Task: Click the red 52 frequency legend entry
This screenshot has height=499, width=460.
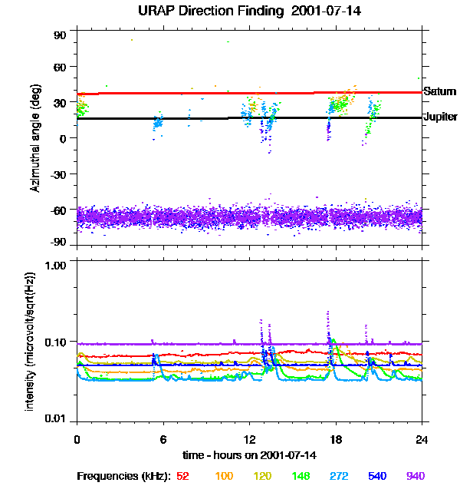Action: (182, 476)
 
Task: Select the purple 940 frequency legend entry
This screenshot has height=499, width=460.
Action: (416, 476)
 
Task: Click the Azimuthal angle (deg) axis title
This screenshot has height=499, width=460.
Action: (35, 139)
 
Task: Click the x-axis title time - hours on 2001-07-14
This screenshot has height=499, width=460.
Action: (249, 454)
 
